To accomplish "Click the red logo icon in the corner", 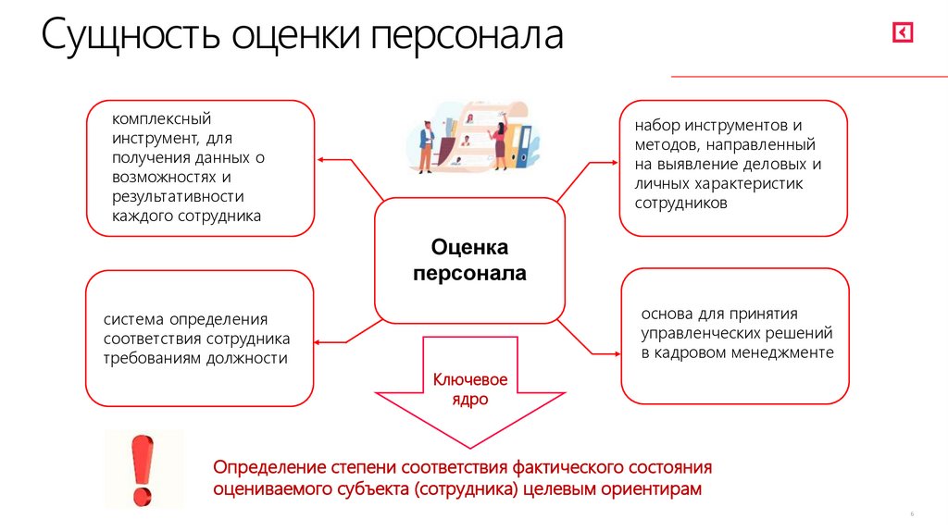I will tap(902, 33).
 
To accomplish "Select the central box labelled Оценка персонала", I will tap(469, 260).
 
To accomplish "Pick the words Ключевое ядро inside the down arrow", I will tap(470, 389).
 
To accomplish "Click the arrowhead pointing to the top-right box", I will tap(613, 160).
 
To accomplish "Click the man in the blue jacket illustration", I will tap(427, 146).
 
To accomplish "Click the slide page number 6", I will tap(911, 514).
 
